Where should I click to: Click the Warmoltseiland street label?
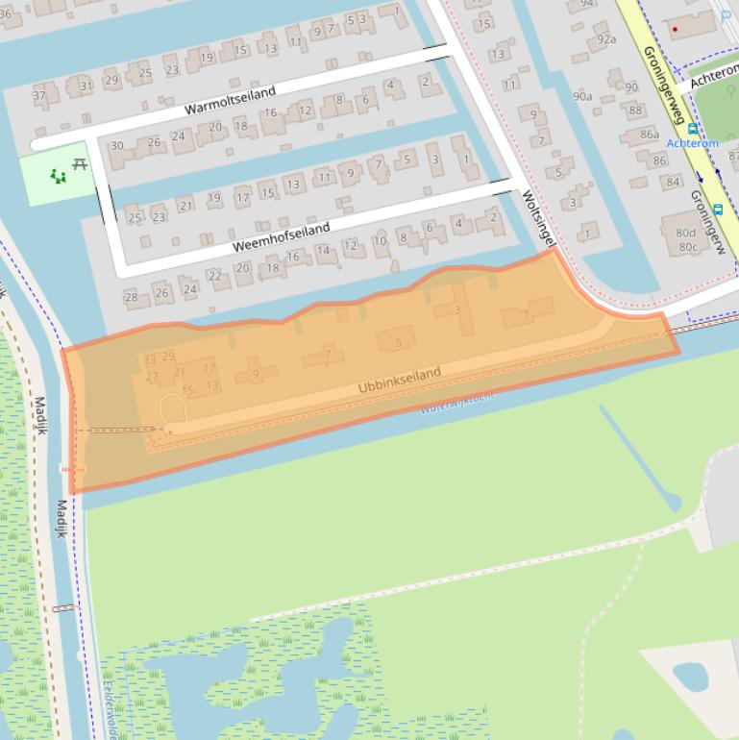click(x=230, y=100)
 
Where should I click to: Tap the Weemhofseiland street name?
click(x=281, y=237)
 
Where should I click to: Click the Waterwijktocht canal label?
click(x=457, y=401)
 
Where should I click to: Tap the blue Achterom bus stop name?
click(x=692, y=143)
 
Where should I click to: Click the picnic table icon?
click(x=80, y=164)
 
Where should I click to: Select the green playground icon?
click(x=59, y=176)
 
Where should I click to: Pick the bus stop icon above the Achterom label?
click(x=692, y=129)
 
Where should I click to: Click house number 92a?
click(x=605, y=39)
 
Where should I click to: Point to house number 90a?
click(x=582, y=96)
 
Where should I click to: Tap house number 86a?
click(x=650, y=135)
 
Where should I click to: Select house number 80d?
click(x=685, y=232)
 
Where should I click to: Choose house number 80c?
click(x=688, y=247)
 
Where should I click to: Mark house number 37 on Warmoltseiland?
click(x=39, y=95)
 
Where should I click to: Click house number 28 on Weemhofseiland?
click(x=132, y=296)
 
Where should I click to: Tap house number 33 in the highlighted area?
click(x=149, y=358)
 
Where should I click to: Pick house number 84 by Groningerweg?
click(x=673, y=182)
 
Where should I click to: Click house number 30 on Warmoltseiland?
click(x=117, y=146)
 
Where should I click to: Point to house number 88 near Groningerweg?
click(x=636, y=110)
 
